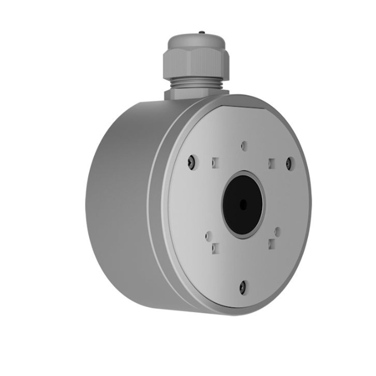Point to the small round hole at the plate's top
pyautogui.click(x=245, y=145)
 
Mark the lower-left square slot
pyautogui.click(x=215, y=248)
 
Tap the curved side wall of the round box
pyautogui.click(x=125, y=188)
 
